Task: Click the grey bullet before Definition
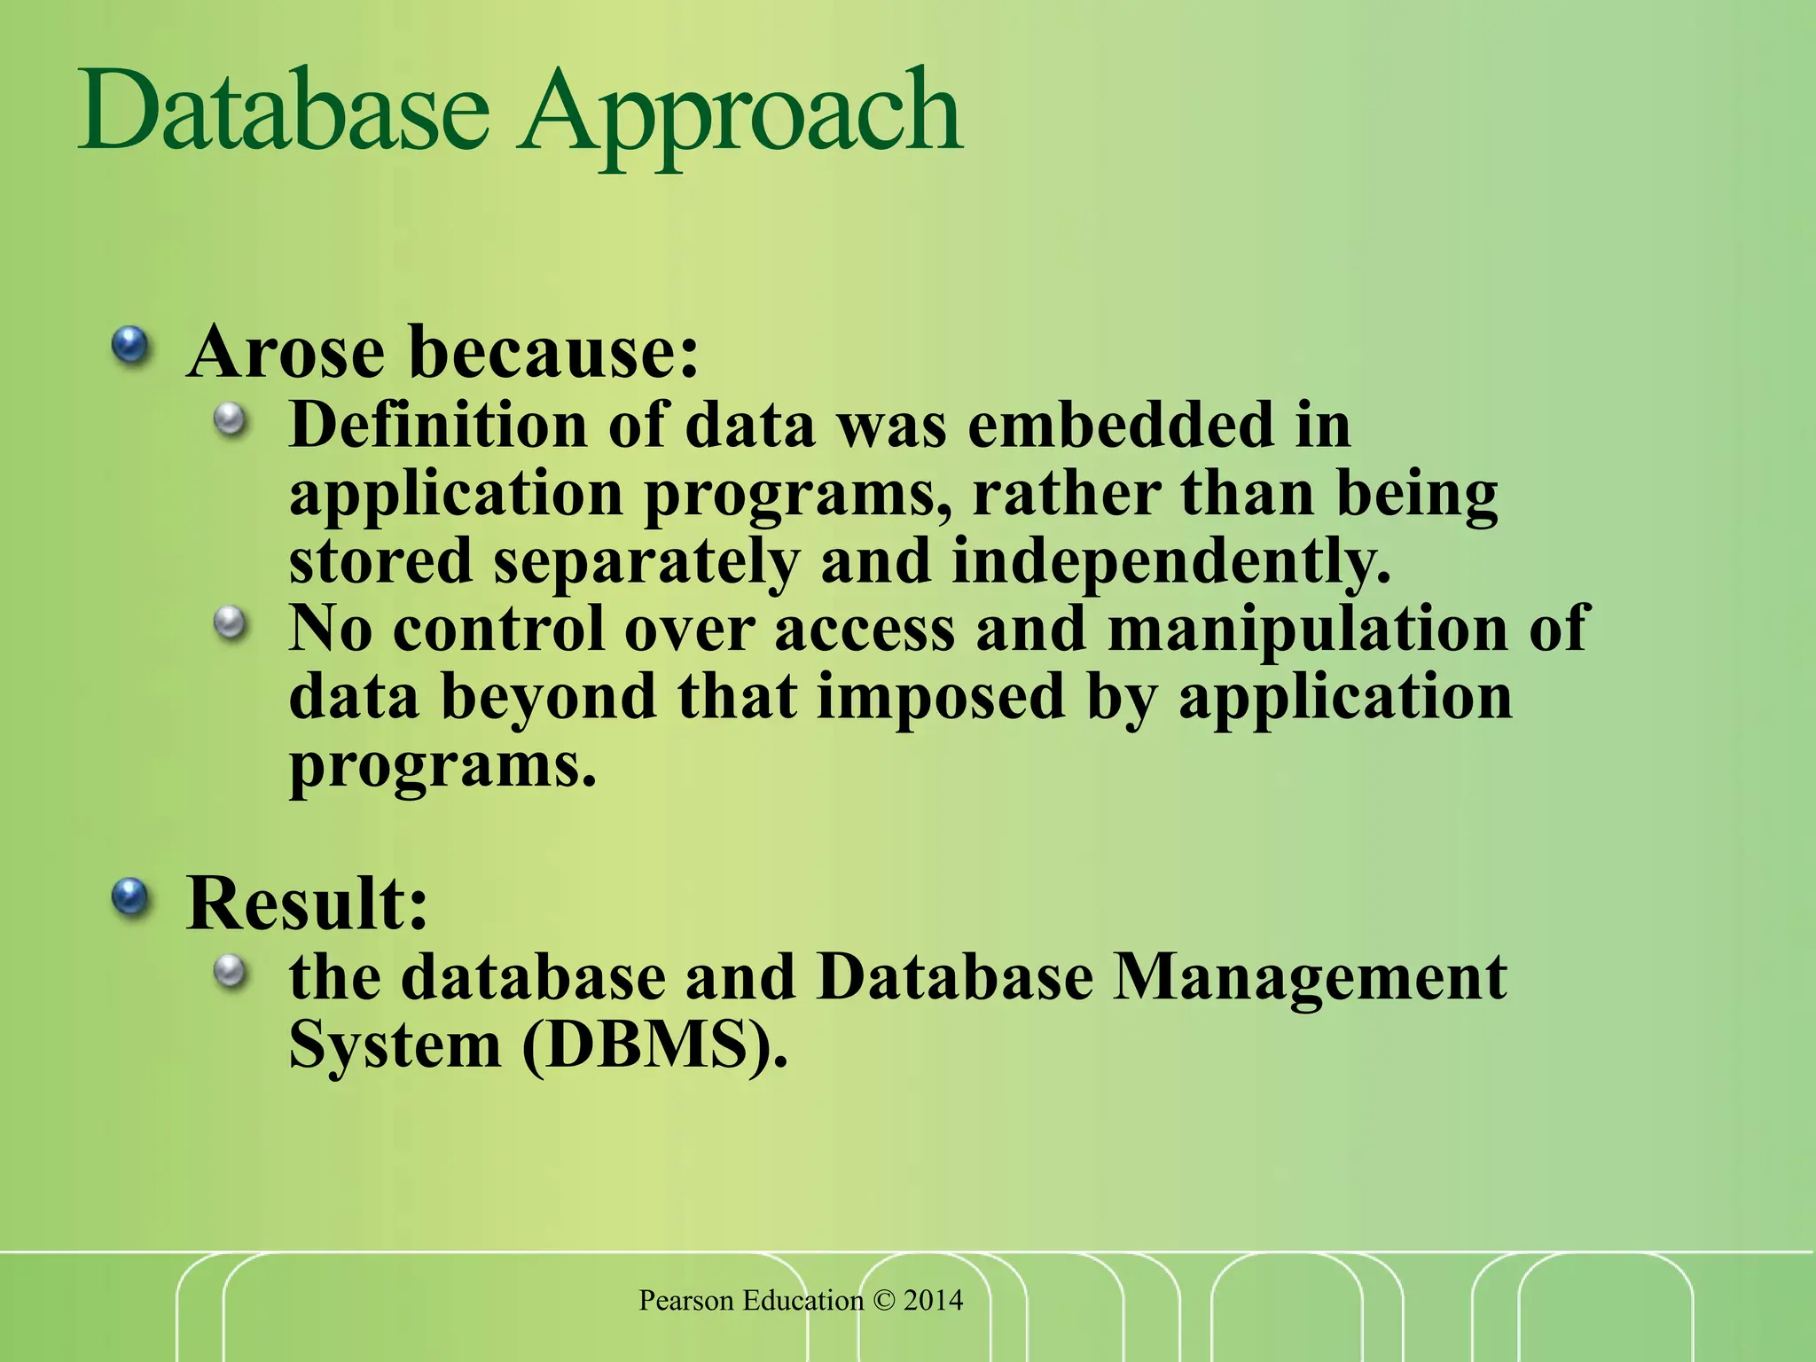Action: pyautogui.click(x=231, y=419)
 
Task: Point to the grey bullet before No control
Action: pyautogui.click(x=231, y=622)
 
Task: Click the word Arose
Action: pyautogui.click(x=286, y=352)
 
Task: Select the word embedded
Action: pyautogui.click(x=1120, y=425)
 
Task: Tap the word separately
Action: pyautogui.click(x=646, y=562)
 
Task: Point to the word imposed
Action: pyautogui.click(x=940, y=697)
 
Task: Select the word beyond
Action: pyautogui.click(x=548, y=697)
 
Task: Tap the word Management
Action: pyautogui.click(x=1309, y=978)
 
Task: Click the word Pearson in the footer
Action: pyautogui.click(x=686, y=1301)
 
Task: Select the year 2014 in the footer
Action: pyautogui.click(x=933, y=1301)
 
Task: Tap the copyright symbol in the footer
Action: pyautogui.click(x=884, y=1301)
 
